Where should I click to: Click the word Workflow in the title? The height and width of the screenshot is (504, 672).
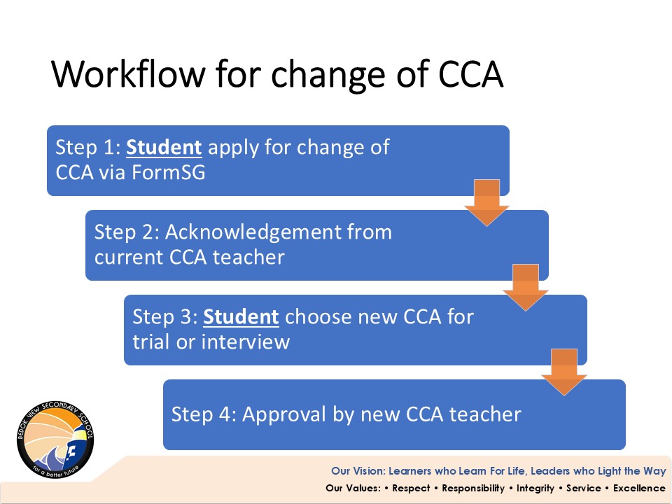(128, 73)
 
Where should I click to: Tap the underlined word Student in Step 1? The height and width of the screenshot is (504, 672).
(164, 148)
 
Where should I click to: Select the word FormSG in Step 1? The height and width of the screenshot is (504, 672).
(169, 172)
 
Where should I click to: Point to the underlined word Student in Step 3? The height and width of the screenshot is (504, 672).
(241, 317)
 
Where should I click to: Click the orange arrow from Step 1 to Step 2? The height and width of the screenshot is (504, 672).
(487, 203)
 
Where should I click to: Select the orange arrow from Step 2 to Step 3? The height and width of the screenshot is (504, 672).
(526, 288)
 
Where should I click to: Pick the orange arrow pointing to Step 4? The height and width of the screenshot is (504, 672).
(564, 372)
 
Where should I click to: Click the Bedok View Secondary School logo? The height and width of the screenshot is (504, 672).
(55, 440)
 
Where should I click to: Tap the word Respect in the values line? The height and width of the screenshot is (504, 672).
(411, 488)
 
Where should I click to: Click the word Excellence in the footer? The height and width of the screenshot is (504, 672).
(639, 488)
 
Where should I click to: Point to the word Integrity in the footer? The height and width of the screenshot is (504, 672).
(535, 489)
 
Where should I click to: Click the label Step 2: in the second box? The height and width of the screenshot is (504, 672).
(127, 232)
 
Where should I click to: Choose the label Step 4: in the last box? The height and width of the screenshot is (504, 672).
(204, 415)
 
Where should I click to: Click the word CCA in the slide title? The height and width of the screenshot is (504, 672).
(470, 73)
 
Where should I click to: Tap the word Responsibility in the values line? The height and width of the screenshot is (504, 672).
(473, 489)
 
